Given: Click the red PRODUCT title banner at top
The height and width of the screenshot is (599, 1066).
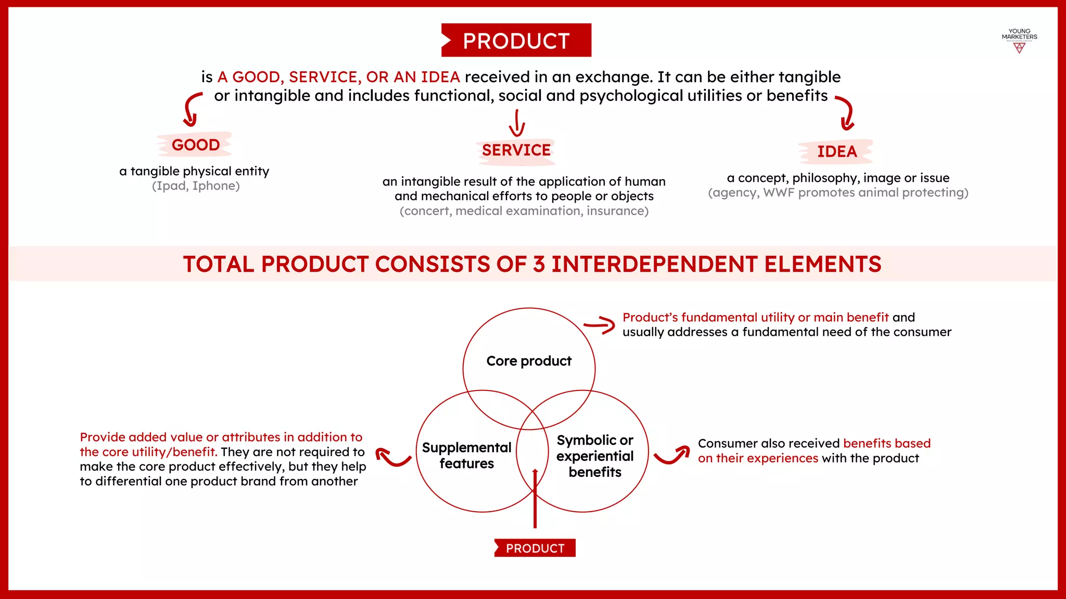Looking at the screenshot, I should click(x=516, y=41).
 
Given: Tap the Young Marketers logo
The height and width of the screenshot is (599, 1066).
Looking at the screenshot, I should click(x=1019, y=41).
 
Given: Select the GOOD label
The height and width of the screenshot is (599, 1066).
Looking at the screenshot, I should click(x=196, y=145).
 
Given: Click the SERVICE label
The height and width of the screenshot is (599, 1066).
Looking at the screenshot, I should click(x=516, y=150).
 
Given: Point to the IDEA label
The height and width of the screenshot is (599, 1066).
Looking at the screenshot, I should click(x=836, y=151).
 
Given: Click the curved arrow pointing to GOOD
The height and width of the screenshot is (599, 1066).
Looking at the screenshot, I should click(x=192, y=110).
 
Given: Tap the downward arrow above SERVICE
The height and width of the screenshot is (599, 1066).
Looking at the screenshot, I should click(x=517, y=123).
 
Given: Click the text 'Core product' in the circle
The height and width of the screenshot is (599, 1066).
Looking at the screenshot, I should click(x=529, y=361).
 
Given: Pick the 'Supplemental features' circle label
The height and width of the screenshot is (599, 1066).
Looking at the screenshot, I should click(x=466, y=455).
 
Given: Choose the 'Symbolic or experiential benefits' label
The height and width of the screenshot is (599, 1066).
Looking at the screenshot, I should click(x=594, y=456).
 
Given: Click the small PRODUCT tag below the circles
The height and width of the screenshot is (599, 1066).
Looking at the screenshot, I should click(x=535, y=548).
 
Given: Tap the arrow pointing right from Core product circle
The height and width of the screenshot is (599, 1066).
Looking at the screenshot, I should click(x=600, y=325).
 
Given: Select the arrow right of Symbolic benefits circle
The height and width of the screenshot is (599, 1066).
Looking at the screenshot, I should click(x=672, y=455).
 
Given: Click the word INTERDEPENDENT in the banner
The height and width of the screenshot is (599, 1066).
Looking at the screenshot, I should click(x=654, y=264).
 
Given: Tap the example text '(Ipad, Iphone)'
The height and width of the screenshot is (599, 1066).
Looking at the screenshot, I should click(x=196, y=186).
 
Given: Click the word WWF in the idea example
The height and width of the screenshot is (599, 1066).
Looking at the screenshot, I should click(x=779, y=192).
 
